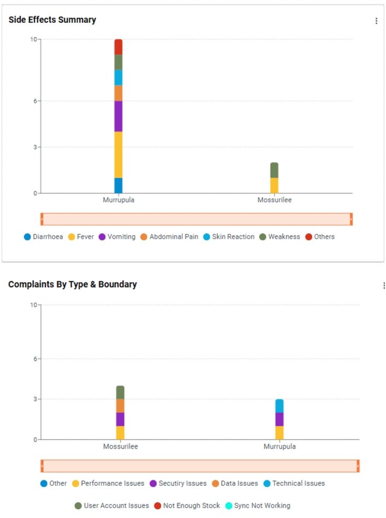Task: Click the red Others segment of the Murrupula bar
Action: [x=118, y=47]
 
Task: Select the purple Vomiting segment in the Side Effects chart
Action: [x=118, y=116]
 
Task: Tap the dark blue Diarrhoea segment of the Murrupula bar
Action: [x=118, y=185]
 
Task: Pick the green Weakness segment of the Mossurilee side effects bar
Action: [x=274, y=170]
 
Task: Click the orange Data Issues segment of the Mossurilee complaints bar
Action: [x=120, y=405]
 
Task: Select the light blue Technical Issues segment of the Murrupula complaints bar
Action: [x=279, y=405]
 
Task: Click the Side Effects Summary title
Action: [x=52, y=20]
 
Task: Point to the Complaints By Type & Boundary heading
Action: [x=73, y=284]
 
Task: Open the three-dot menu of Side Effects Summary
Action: [x=376, y=21]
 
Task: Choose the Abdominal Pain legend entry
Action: [x=169, y=237]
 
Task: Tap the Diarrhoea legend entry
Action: [x=43, y=237]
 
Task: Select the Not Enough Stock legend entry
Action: [x=187, y=505]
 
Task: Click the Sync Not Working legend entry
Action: [x=258, y=505]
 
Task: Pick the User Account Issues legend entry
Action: [x=112, y=505]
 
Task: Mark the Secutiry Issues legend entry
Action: [x=178, y=483]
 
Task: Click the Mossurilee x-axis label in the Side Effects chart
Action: [x=274, y=200]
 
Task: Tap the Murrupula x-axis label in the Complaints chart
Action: [x=279, y=446]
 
